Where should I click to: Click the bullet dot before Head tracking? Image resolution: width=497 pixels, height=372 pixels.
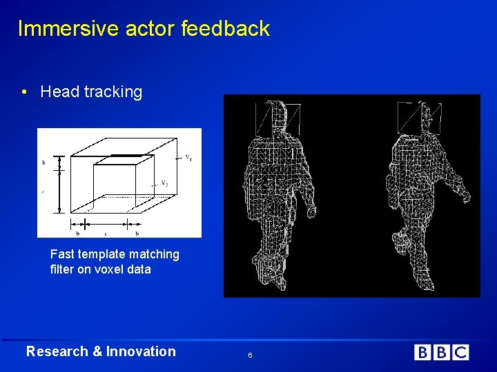pyautogui.click(x=24, y=92)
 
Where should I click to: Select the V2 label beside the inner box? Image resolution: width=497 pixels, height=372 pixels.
pyautogui.click(x=165, y=183)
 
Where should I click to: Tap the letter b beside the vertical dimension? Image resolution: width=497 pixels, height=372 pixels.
pyautogui.click(x=43, y=163)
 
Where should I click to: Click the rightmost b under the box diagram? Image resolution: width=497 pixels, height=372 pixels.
pyautogui.click(x=137, y=233)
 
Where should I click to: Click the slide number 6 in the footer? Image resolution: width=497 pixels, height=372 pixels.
pyautogui.click(x=250, y=354)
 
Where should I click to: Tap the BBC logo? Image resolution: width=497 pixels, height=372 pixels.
pyautogui.click(x=441, y=353)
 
